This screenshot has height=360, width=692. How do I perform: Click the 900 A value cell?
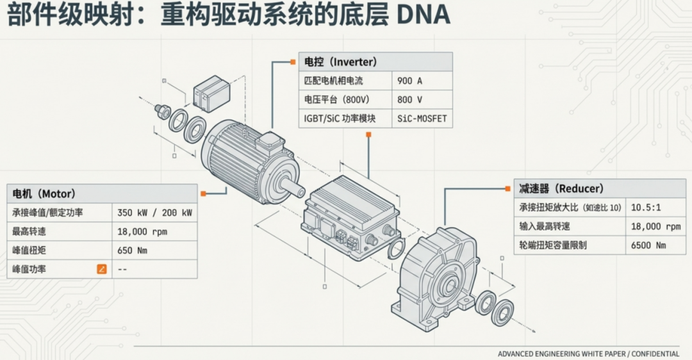point(422,81)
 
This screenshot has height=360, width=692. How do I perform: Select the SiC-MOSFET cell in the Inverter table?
point(422,119)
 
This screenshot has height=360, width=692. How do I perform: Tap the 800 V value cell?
point(422,100)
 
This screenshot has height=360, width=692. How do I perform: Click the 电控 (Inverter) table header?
point(375,62)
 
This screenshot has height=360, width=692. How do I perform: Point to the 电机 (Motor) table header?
point(101,193)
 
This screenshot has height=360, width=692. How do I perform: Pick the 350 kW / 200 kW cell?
point(154,212)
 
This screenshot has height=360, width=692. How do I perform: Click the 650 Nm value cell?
point(154,250)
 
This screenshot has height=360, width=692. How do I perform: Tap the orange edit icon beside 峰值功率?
point(101,269)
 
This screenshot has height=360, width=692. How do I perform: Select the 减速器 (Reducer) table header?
point(599,188)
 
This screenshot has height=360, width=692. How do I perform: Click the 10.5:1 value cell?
point(655,208)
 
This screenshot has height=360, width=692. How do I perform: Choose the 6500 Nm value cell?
point(655,245)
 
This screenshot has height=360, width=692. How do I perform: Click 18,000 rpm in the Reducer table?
point(655,226)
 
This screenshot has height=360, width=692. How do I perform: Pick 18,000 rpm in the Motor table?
point(154,231)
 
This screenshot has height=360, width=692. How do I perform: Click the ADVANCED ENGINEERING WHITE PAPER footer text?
point(588,354)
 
